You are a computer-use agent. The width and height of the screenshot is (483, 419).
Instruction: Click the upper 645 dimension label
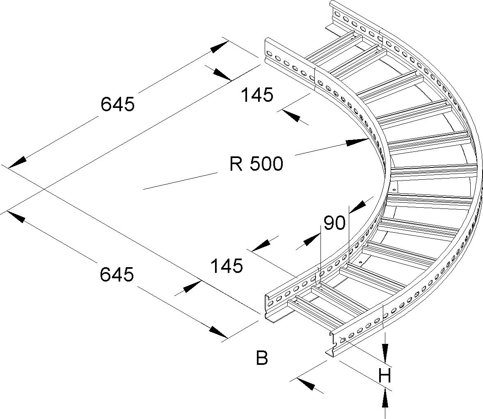coord(117,104)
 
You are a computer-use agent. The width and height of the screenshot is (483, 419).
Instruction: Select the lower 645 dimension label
coord(117,274)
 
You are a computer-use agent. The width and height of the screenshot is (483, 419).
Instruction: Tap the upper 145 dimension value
coord(257,95)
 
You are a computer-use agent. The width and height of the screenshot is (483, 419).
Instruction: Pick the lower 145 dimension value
coord(227,266)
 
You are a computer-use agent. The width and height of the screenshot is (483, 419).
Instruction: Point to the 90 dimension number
coord(334,224)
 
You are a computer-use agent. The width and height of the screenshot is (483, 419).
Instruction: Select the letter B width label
coord(262,358)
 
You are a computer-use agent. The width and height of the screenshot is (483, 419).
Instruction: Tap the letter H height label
coord(385,376)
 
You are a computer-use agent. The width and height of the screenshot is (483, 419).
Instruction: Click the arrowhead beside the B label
coord(305,385)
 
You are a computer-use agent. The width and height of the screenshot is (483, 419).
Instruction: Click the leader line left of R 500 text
coord(181,181)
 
